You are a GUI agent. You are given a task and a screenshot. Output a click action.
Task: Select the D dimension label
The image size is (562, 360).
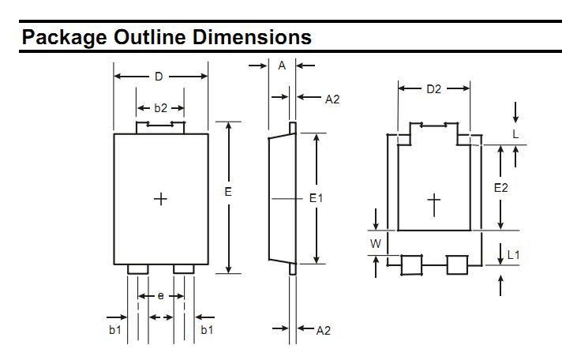(x=159, y=77)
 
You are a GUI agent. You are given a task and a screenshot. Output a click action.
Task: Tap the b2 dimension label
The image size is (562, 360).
(x=160, y=108)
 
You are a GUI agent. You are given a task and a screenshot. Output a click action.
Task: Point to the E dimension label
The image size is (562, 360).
(x=228, y=192)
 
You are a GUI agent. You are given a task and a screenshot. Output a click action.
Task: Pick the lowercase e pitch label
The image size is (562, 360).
(x=161, y=295)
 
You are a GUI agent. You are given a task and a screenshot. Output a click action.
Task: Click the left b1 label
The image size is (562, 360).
(x=115, y=330)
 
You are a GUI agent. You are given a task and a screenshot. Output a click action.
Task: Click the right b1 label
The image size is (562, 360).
(x=207, y=330)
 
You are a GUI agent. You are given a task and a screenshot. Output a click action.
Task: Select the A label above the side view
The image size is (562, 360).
(x=282, y=66)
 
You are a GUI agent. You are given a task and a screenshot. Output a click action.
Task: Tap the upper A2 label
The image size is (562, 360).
(x=332, y=99)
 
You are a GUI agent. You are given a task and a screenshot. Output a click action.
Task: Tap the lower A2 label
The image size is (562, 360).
(x=323, y=330)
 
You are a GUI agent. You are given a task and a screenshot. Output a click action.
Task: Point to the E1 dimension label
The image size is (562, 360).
(x=316, y=198)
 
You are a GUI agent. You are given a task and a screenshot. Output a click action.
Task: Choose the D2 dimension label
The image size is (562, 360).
(x=434, y=89)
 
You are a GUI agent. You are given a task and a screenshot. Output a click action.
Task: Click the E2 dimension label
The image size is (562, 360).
(x=501, y=188)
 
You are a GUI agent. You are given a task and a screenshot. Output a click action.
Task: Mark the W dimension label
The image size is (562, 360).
(x=376, y=244)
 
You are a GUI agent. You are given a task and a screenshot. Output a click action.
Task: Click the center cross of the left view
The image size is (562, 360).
(x=160, y=198)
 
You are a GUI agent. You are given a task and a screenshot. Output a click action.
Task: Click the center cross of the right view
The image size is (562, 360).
(x=434, y=203)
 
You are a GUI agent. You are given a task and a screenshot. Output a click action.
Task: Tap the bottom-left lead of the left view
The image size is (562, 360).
(x=138, y=269)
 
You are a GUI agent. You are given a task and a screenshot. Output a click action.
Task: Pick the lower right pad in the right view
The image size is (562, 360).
(x=458, y=265)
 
